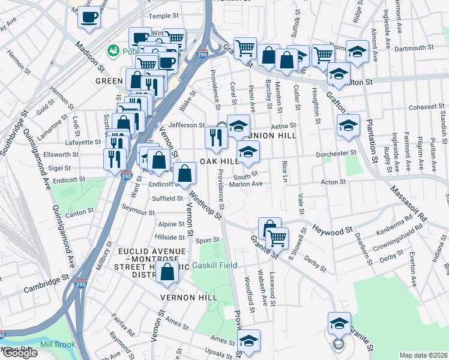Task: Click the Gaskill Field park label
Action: click(214, 265)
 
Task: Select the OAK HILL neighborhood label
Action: click(219, 162)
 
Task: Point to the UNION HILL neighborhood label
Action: click(273, 136)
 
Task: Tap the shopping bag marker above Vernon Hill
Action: click(167, 271)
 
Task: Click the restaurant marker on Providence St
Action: click(214, 138)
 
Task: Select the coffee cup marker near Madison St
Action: click(89, 17)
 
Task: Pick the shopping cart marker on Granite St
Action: click(277, 238)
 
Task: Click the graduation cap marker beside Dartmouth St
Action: click(357, 53)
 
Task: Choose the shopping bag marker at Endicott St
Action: click(185, 174)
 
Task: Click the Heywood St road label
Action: click(332, 230)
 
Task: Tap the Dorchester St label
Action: click(337, 154)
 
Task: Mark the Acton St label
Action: click(334, 182)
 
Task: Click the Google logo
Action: click(19, 353)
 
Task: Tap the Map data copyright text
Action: click(423, 355)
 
